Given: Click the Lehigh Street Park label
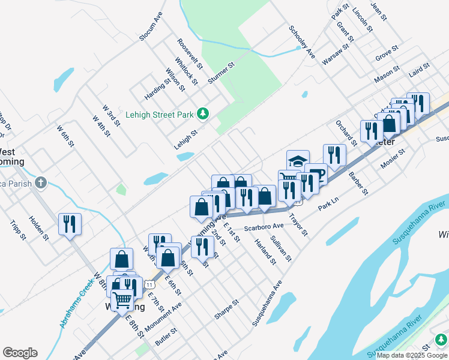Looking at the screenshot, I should point(159,114).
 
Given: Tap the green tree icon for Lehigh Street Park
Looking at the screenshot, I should point(203,113).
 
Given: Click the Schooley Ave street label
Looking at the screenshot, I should point(301,41).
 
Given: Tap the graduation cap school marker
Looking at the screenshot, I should point(298,160).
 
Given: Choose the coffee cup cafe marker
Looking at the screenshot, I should point(316,174).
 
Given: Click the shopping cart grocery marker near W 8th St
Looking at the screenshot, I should point(122,300).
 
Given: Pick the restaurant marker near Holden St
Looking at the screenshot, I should point(70,224).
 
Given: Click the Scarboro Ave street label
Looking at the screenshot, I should point(264,227).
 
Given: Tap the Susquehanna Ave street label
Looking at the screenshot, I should point(267,303).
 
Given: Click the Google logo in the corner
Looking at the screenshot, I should point(20,353).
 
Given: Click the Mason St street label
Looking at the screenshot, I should point(387,74).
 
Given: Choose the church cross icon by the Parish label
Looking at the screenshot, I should point(40,181).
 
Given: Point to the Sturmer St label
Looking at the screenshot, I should point(220,73).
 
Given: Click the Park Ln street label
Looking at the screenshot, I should point(329,204).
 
